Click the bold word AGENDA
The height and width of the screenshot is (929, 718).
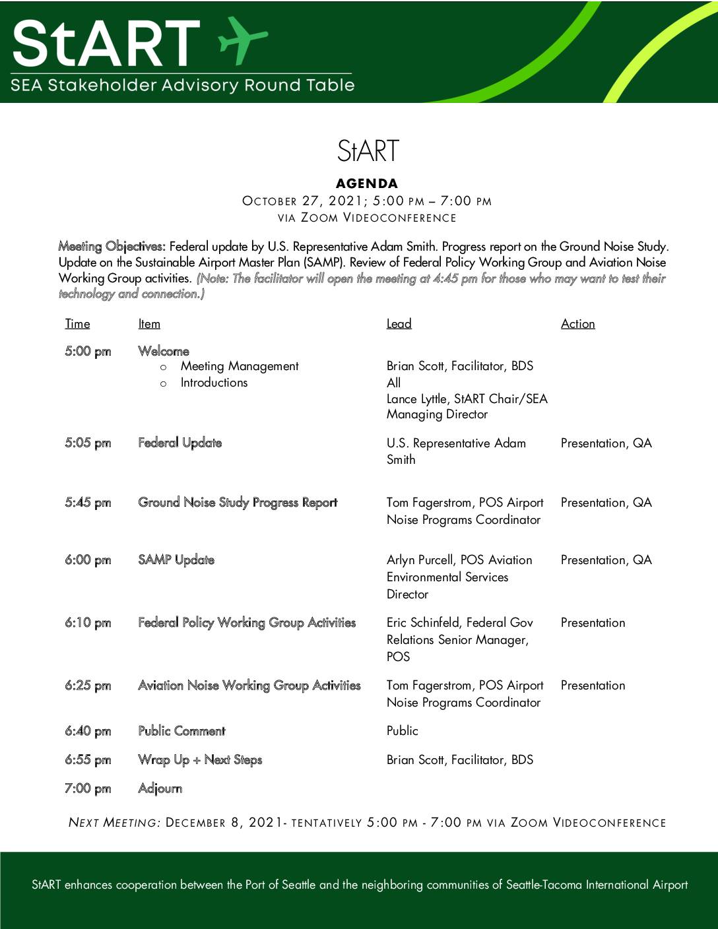(x=367, y=183)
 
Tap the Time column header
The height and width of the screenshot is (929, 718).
(x=77, y=324)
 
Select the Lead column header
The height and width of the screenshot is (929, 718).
(x=399, y=324)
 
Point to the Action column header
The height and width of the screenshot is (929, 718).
(x=577, y=324)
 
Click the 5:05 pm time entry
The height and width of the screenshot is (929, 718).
(x=88, y=443)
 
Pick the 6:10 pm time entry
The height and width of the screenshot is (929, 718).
(x=88, y=623)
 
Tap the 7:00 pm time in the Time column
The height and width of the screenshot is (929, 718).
(x=88, y=788)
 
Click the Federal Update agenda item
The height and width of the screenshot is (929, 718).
(x=179, y=443)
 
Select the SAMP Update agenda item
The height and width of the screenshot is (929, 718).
(x=176, y=560)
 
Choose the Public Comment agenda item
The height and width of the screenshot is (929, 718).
(x=181, y=731)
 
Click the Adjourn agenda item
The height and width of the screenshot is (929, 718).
(x=160, y=788)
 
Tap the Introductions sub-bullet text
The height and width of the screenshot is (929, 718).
(x=214, y=383)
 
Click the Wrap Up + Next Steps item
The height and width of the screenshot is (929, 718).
(x=200, y=760)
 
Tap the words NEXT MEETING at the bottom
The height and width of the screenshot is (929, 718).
(x=114, y=823)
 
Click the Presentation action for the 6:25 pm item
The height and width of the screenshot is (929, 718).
(x=593, y=686)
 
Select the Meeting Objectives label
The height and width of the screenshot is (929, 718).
(x=112, y=247)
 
